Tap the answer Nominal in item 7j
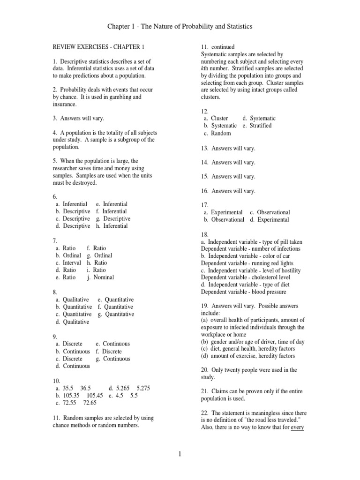point(104,277)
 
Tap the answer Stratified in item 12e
point(261,126)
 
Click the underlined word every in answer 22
point(298,428)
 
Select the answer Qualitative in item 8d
point(75,322)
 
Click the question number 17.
point(204,205)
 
